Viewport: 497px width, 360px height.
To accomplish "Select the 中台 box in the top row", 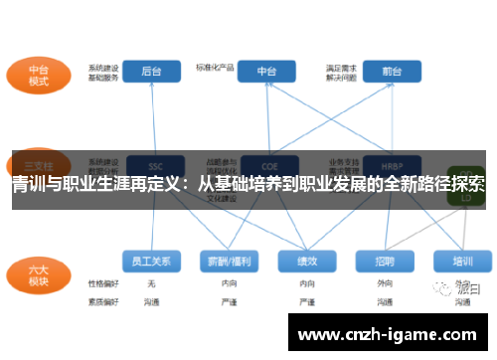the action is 267,71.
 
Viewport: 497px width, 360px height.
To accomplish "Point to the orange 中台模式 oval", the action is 39,75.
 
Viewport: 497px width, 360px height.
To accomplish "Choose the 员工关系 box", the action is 152,261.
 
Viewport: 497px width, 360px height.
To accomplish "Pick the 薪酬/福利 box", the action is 227,261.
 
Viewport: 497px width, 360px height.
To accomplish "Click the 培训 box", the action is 462,261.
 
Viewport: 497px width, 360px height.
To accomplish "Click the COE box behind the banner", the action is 267,165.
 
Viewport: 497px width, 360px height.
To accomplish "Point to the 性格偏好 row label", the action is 103,284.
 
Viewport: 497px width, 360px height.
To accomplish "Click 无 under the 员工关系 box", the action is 151,284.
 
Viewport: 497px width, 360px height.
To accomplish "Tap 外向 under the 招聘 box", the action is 385,284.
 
